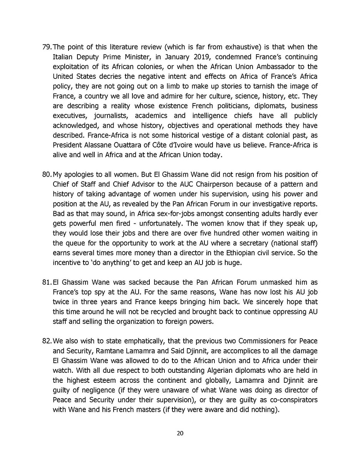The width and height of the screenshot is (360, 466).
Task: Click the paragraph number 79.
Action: click(x=46, y=47)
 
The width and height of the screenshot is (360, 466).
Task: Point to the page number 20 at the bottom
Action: click(x=180, y=433)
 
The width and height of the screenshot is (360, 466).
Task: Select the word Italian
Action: click(x=63, y=57)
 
